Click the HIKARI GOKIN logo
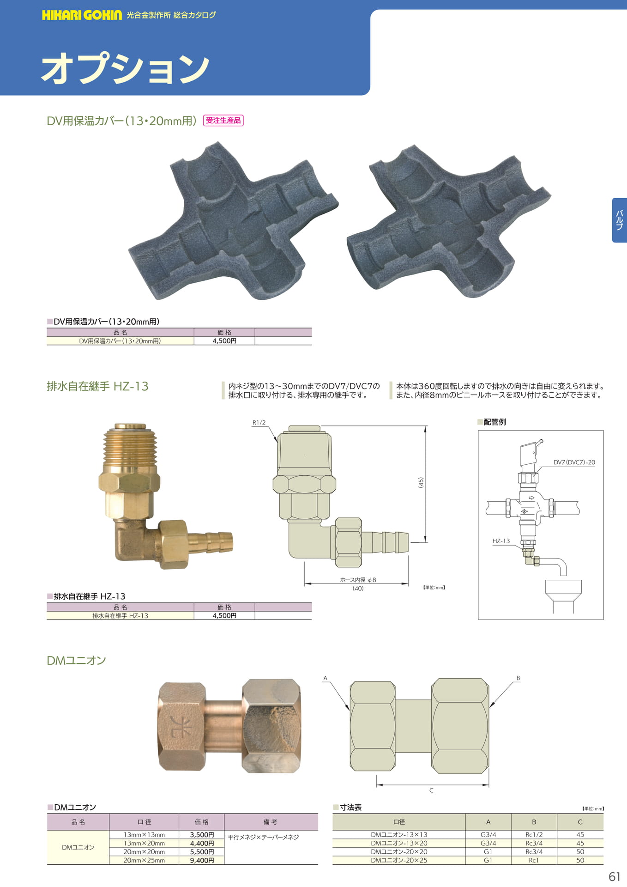[x=82, y=15]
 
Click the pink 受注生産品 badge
[x=223, y=121]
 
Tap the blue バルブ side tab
[x=620, y=220]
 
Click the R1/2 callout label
[x=259, y=423]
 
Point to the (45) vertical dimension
[x=421, y=483]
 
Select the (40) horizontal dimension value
[x=358, y=589]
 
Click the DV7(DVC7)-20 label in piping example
[x=574, y=462]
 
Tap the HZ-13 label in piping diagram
[x=501, y=541]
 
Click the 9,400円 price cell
[x=202, y=860]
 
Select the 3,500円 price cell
[x=202, y=835]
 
